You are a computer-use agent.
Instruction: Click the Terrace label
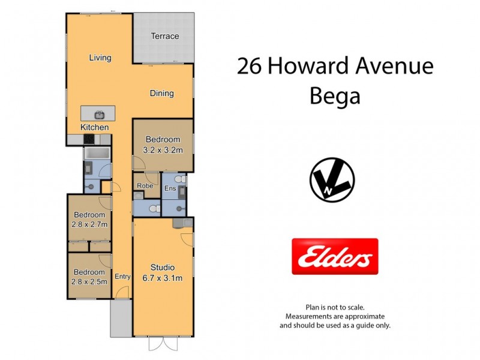(x=164, y=36)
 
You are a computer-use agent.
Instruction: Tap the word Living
(x=100, y=58)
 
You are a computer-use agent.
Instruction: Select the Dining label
(x=161, y=93)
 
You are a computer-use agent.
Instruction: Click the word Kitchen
(x=95, y=127)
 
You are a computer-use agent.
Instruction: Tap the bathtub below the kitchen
(x=96, y=154)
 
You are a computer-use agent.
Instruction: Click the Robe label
(x=145, y=186)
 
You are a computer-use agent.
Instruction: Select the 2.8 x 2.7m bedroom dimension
(x=89, y=225)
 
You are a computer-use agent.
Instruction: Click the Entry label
(x=122, y=277)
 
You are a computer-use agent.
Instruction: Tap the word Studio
(x=163, y=268)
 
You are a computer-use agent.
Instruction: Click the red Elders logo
(x=335, y=256)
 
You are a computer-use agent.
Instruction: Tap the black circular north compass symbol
(x=332, y=181)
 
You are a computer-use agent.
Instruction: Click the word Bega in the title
(x=335, y=96)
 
